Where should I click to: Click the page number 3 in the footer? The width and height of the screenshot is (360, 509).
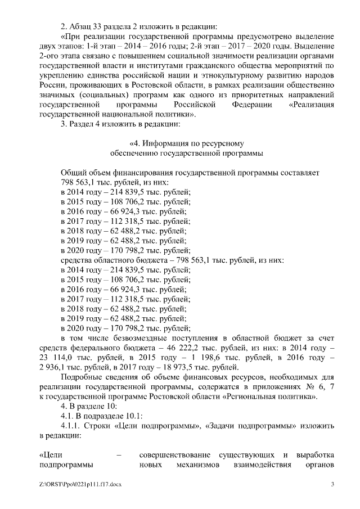[332, 484]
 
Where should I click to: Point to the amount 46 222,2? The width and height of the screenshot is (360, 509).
[193, 349]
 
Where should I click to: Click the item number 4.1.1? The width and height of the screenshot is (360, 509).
[71, 426]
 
